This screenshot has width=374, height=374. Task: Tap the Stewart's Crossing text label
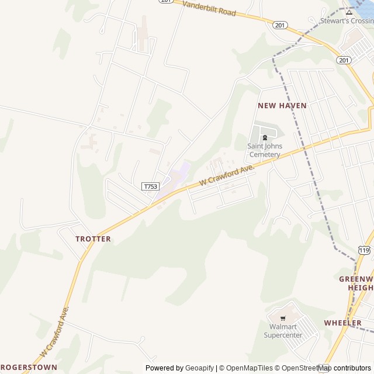point(347,21)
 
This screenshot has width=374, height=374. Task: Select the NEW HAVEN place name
point(282,105)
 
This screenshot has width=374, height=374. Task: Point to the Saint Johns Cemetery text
point(265,150)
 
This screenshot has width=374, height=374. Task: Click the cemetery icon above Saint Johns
point(264,138)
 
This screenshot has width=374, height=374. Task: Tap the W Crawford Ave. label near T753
point(227,175)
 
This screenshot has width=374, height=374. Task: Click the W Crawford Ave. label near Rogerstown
point(55,331)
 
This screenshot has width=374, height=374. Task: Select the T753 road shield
point(150,186)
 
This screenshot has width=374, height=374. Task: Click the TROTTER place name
point(93,238)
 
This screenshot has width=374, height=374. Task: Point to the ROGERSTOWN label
point(28,367)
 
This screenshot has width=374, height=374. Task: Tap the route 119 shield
point(364,250)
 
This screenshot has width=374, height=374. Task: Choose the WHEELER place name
point(343,323)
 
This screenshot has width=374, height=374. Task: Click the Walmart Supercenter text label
point(283,331)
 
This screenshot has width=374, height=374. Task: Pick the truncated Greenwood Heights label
point(356,283)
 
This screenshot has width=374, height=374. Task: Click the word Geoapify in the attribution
point(200,368)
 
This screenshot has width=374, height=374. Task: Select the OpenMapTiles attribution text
point(249,368)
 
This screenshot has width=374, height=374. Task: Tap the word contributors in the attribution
point(353,368)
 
